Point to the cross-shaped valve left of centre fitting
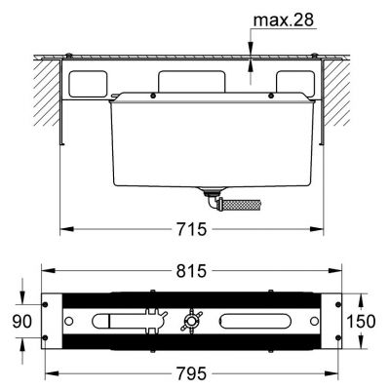tap(151, 322)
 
